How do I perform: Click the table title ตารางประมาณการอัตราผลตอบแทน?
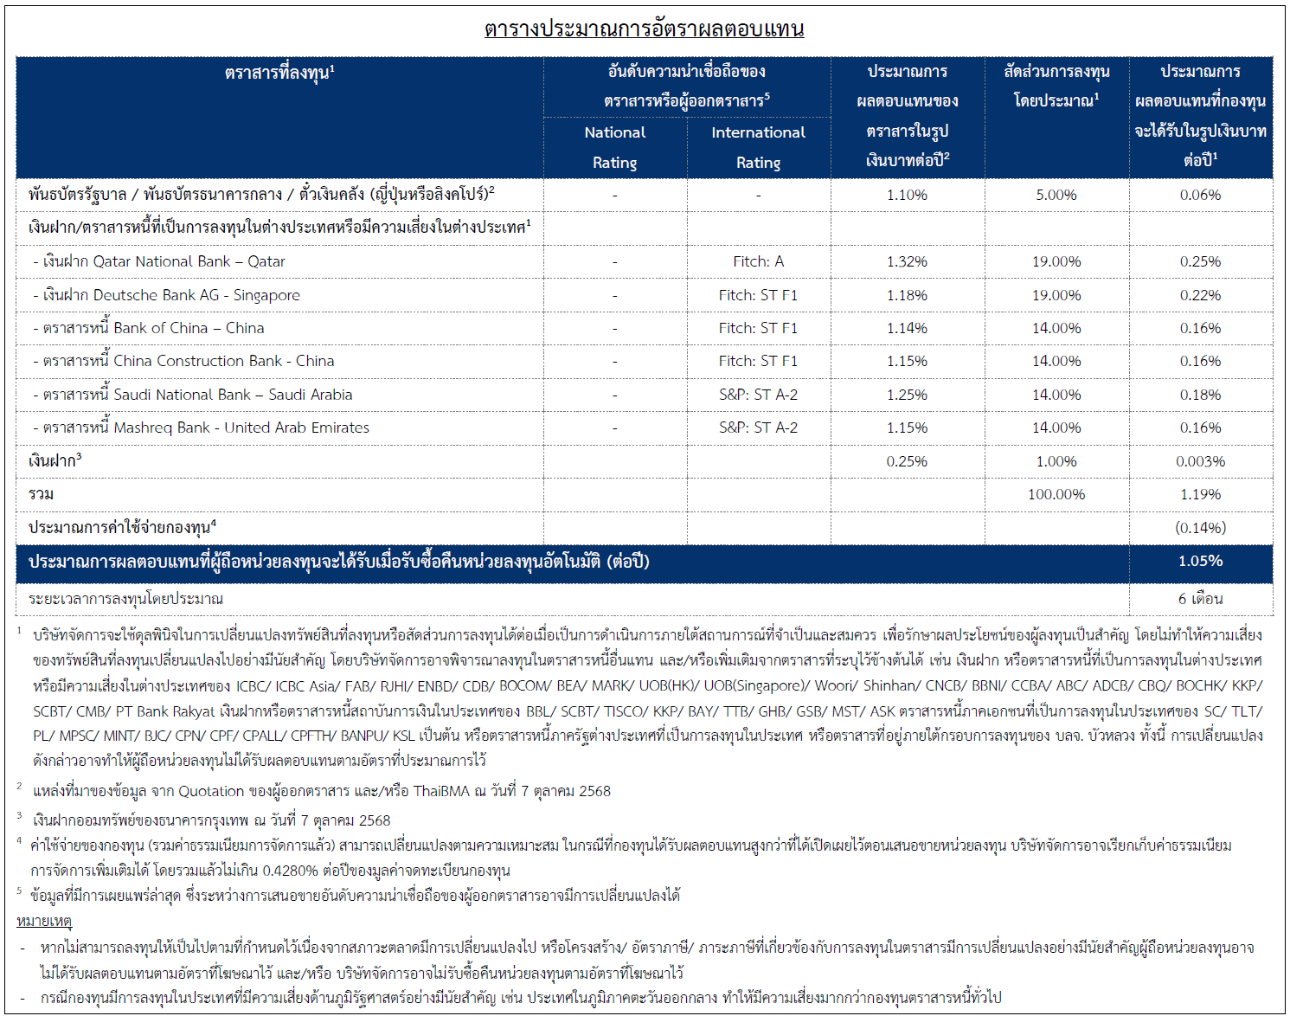click(x=644, y=29)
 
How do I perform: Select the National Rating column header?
click(x=614, y=147)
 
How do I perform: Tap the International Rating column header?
click(x=758, y=147)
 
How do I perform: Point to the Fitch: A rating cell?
click(x=758, y=261)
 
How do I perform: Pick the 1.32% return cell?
click(x=907, y=261)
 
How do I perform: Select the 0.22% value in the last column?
click(x=1200, y=295)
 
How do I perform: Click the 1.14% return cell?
click(x=907, y=328)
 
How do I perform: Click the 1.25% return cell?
click(x=907, y=395)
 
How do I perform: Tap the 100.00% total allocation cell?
click(x=1056, y=494)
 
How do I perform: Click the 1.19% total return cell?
click(x=1200, y=494)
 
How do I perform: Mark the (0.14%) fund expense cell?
click(x=1200, y=528)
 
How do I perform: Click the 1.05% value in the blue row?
click(x=1200, y=561)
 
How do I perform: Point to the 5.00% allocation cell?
click(x=1056, y=195)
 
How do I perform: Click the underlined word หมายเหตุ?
click(x=44, y=921)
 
